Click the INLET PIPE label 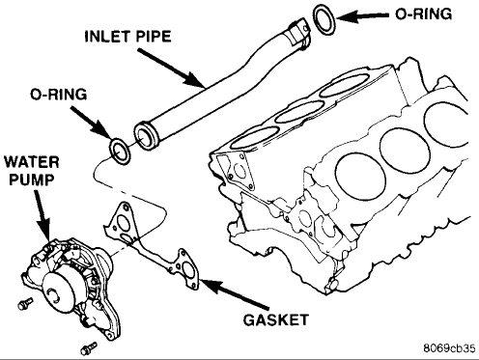(127, 37)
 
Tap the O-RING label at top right (423, 14)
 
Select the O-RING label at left (59, 95)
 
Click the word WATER (32, 162)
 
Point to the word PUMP (32, 180)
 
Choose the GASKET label (276, 319)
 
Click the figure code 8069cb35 (449, 348)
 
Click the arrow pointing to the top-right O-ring (363, 16)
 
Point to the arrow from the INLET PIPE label (172, 68)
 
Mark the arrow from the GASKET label (234, 293)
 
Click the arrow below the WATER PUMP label (42, 215)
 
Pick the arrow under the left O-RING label (91, 124)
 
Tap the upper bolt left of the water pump (25, 303)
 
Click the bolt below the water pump (89, 347)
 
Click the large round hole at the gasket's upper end (123, 221)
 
